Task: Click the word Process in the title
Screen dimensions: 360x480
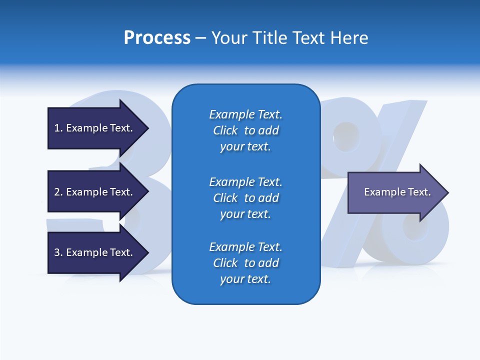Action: point(157,38)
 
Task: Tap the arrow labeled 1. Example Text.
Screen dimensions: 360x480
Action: point(93,128)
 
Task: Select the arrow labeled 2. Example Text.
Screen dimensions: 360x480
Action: point(93,192)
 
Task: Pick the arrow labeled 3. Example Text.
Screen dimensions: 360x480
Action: point(93,252)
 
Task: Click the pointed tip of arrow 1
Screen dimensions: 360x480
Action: point(146,128)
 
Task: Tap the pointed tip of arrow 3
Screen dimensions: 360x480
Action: point(146,252)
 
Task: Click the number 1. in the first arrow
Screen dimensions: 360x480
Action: point(58,128)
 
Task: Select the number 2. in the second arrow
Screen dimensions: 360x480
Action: point(58,192)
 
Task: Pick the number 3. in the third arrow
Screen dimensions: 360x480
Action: point(58,252)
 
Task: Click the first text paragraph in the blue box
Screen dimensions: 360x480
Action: point(245,130)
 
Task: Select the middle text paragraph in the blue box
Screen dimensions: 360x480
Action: point(245,198)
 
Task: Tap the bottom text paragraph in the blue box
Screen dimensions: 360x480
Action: point(245,263)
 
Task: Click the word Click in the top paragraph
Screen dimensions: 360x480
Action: point(225,130)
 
